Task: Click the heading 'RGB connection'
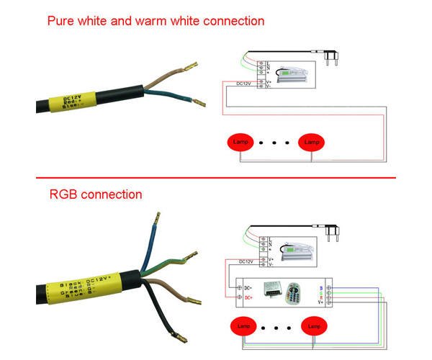(x=96, y=194)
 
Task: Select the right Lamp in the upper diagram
(x=312, y=143)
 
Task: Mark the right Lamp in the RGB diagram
(x=313, y=326)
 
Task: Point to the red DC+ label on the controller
(x=248, y=297)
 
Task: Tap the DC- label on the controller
(x=248, y=286)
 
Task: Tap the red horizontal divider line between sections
(x=216, y=177)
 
